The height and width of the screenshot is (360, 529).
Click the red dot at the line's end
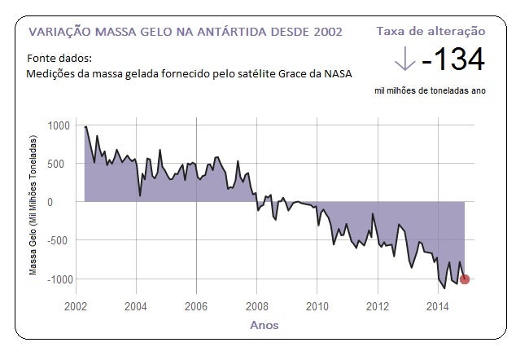[465, 279]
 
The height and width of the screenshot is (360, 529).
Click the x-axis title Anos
[264, 325]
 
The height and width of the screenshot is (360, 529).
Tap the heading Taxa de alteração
[431, 31]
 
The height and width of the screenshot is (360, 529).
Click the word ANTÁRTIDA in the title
[235, 32]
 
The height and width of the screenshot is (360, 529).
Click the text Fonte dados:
[59, 59]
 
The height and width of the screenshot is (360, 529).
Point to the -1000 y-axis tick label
[56, 279]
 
